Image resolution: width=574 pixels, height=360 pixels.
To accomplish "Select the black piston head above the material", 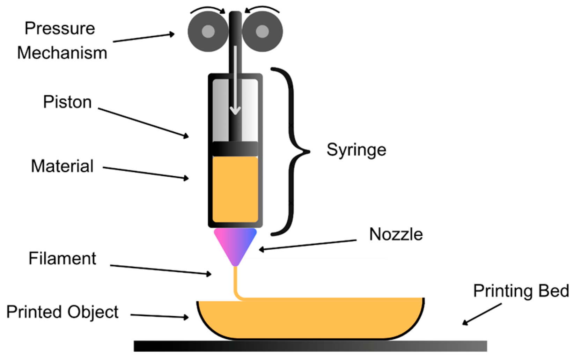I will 235,149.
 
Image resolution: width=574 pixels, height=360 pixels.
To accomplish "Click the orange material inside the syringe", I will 235,189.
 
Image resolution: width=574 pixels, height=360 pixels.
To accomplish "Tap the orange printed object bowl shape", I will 311,318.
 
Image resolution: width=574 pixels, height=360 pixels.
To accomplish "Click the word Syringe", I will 356,150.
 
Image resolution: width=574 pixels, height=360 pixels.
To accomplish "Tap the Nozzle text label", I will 396,234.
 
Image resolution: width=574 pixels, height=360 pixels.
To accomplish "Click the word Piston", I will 67,102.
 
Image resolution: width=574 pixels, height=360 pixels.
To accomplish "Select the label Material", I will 62,166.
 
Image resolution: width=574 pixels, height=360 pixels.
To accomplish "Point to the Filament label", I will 62,259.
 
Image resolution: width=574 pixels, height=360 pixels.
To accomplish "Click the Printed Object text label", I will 62,312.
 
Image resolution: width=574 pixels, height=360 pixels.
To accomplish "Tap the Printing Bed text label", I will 521,291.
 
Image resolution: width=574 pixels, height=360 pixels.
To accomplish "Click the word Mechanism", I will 62,53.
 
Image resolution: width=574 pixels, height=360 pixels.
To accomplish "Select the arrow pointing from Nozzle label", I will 307,245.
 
